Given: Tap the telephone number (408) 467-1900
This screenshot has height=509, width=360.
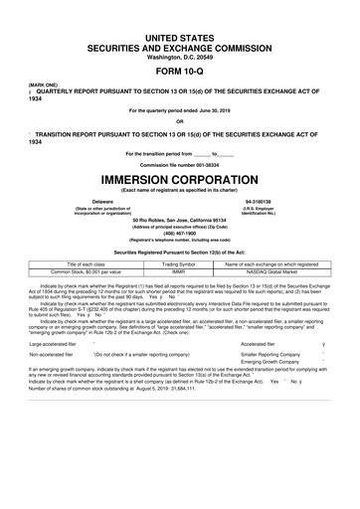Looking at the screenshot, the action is pos(179,236).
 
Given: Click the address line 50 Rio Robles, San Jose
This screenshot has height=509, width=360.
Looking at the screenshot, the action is pos(179,218).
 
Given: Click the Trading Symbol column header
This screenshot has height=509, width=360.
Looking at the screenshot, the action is pos(179,263).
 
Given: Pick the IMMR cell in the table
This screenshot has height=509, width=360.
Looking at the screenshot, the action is pos(179,271).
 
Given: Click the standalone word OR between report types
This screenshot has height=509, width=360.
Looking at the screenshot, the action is pos(179,123).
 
